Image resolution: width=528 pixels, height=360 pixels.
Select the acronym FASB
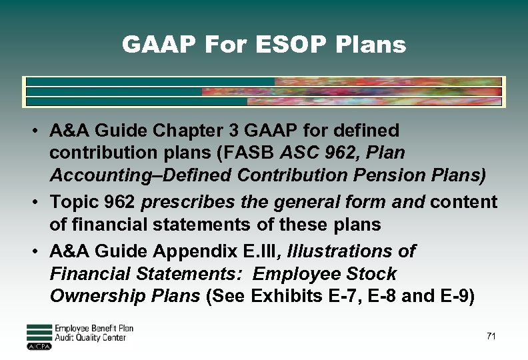pos(253,153)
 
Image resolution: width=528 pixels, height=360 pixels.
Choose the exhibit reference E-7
pos(337,296)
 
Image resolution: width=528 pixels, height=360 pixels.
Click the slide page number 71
pos(491,337)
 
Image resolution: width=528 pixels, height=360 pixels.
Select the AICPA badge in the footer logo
pos(39,346)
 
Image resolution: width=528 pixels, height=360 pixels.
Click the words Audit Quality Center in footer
pos(90,338)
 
